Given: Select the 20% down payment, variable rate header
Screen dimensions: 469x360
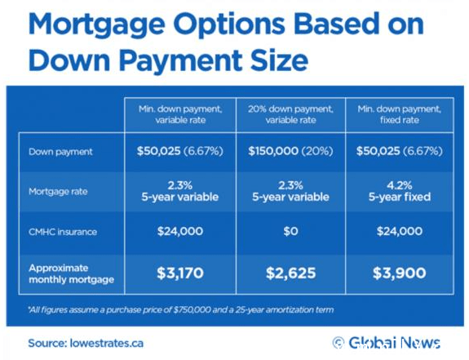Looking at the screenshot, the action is (290, 114).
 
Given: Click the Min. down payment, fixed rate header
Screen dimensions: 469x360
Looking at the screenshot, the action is (400, 114).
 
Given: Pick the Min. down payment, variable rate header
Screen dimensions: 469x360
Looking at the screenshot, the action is (180, 114).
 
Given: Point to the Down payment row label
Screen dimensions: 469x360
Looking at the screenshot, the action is (60, 152).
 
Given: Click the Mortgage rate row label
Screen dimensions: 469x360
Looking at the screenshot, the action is (58, 192).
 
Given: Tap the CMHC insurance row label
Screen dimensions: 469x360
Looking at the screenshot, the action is (63, 232).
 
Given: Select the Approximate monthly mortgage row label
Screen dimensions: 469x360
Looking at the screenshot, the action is (72, 273).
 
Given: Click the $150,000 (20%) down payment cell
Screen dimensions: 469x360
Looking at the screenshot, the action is (290, 151).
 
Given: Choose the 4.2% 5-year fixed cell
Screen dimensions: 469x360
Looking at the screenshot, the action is (400, 191).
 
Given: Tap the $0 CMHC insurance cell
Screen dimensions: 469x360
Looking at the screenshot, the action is (290, 231).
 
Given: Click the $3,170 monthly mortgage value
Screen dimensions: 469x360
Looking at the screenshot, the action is (180, 273).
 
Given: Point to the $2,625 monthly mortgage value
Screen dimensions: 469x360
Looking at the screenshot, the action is (290, 273).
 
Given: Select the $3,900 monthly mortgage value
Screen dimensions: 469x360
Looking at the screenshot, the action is (400, 273).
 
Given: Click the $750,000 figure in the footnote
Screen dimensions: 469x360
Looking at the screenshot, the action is (192, 309).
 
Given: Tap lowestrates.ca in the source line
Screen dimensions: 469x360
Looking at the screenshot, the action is (107, 343).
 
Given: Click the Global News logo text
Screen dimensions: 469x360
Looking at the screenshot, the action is (394, 343).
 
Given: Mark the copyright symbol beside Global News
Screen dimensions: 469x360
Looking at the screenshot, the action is (338, 343).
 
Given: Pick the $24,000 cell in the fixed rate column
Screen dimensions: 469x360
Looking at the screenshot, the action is (400, 231).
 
